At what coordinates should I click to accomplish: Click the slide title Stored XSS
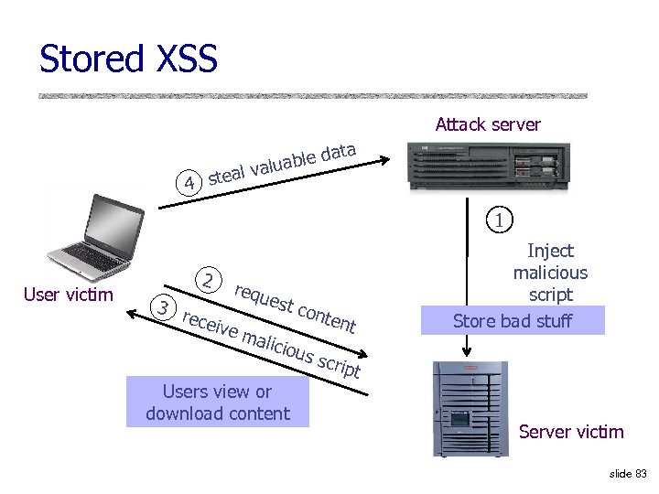128,59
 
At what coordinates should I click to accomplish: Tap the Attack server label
488,124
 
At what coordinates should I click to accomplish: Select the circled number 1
498,220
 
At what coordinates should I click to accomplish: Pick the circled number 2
210,280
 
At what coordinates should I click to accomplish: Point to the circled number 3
163,307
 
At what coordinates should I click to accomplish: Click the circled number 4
189,183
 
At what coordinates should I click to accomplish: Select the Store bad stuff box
513,320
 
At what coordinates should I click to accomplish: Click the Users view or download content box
218,403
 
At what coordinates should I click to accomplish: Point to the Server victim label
571,432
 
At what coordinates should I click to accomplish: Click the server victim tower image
470,408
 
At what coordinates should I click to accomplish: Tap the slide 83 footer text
627,473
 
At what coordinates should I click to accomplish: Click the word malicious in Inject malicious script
550,273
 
